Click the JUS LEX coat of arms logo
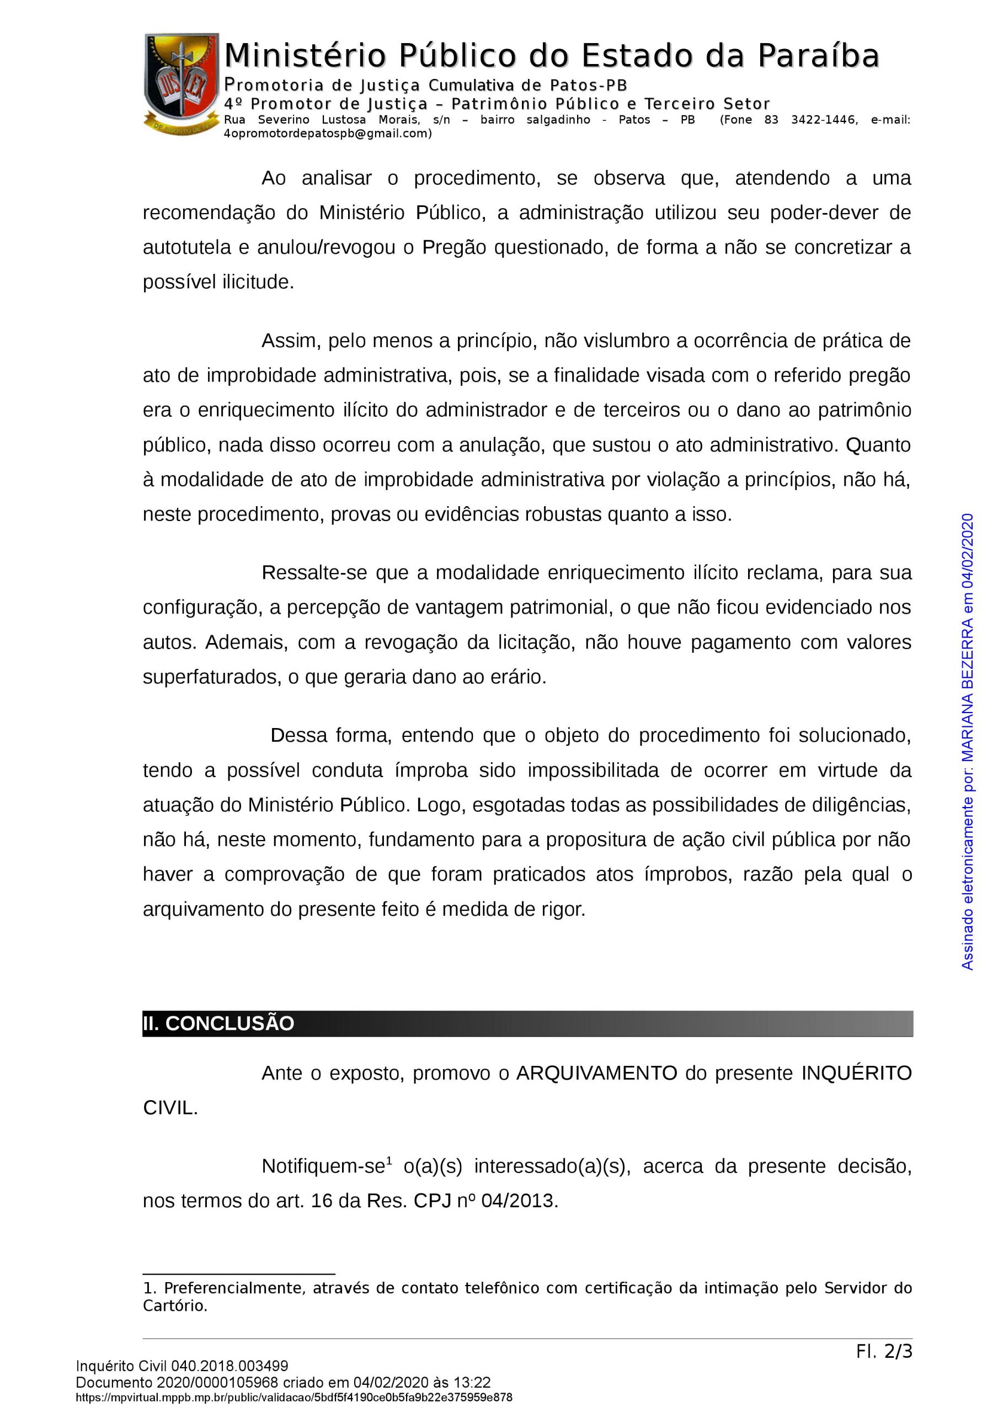(181, 84)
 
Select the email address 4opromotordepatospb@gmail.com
(327, 134)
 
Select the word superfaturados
(212, 677)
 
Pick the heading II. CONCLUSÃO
(218, 1023)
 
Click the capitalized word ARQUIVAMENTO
(596, 1074)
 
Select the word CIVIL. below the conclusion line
(170, 1108)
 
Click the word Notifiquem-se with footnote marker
(324, 1166)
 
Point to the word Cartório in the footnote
(174, 1306)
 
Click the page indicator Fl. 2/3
(884, 1352)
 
